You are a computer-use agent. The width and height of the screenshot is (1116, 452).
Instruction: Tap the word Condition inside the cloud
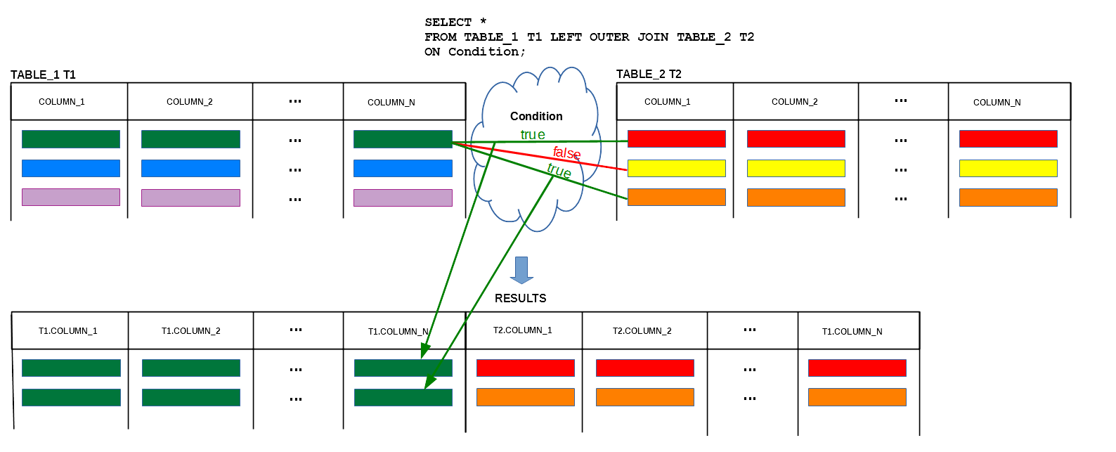(x=536, y=116)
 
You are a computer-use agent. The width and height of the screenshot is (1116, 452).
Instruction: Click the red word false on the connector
(x=566, y=153)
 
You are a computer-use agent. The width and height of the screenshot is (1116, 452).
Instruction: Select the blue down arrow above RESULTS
(x=521, y=270)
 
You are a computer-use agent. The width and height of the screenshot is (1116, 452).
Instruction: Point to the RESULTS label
(x=521, y=298)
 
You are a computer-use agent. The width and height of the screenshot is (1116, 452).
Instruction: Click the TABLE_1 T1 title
(x=43, y=75)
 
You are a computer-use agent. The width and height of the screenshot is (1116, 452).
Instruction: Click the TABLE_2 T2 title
(x=649, y=75)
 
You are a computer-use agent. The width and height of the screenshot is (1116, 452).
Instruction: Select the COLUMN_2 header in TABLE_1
(x=189, y=102)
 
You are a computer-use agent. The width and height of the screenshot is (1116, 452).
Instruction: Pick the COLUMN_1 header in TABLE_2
(x=667, y=102)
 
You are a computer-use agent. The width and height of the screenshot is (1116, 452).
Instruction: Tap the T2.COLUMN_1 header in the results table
(x=523, y=330)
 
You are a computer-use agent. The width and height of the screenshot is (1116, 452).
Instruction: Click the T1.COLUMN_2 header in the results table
(x=191, y=331)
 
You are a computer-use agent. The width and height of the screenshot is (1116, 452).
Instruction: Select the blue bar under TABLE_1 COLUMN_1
(x=71, y=169)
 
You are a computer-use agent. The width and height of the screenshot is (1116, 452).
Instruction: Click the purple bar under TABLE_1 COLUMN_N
(x=403, y=198)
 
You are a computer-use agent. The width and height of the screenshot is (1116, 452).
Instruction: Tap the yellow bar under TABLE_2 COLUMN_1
(x=677, y=169)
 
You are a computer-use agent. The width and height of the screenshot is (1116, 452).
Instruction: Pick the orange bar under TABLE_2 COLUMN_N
(x=1008, y=198)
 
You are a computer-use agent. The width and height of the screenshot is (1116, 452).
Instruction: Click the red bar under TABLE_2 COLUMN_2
(x=796, y=139)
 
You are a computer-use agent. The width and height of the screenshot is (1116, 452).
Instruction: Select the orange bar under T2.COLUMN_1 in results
(x=526, y=397)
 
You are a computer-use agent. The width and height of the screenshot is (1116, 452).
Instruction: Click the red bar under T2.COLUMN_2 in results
(x=645, y=368)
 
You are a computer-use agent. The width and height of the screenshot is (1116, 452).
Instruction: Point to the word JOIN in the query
(x=653, y=37)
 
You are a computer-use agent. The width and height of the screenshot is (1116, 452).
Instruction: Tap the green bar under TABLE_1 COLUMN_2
(x=191, y=139)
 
